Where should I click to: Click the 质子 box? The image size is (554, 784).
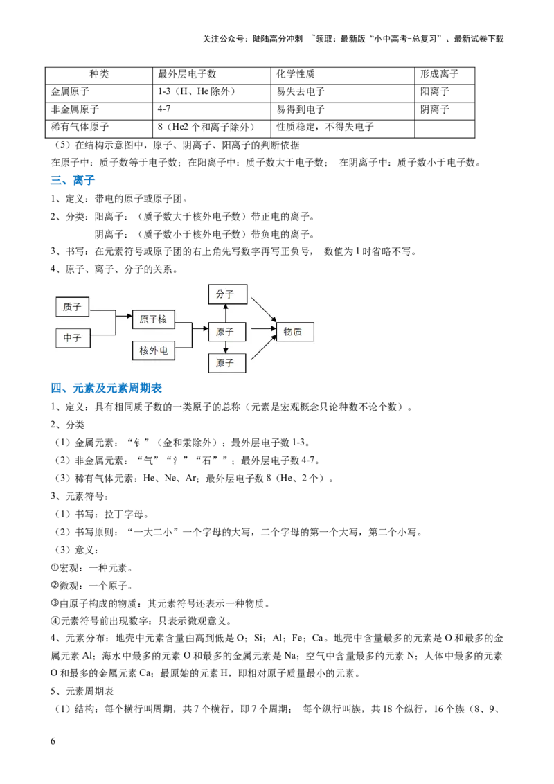[72, 307]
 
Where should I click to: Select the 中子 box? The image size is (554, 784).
[72, 338]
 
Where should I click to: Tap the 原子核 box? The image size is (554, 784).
[153, 319]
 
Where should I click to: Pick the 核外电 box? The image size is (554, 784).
[153, 350]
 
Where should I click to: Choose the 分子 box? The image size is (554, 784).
[225, 294]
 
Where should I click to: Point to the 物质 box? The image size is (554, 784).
[294, 332]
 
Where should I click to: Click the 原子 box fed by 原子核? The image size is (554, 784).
[225, 332]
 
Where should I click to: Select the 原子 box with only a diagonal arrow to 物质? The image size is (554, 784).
[225, 363]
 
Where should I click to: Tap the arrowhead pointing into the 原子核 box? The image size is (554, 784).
[129, 317]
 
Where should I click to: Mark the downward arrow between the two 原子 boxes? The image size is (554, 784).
[225, 348]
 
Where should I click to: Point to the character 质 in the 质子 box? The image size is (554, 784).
[67, 307]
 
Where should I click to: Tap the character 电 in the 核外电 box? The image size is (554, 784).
[164, 350]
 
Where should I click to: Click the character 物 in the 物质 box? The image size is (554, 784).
[288, 332]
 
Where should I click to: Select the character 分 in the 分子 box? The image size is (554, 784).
[220, 294]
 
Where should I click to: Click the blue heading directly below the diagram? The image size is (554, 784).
[107, 390]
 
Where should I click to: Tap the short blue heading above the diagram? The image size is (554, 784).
[73, 181]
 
